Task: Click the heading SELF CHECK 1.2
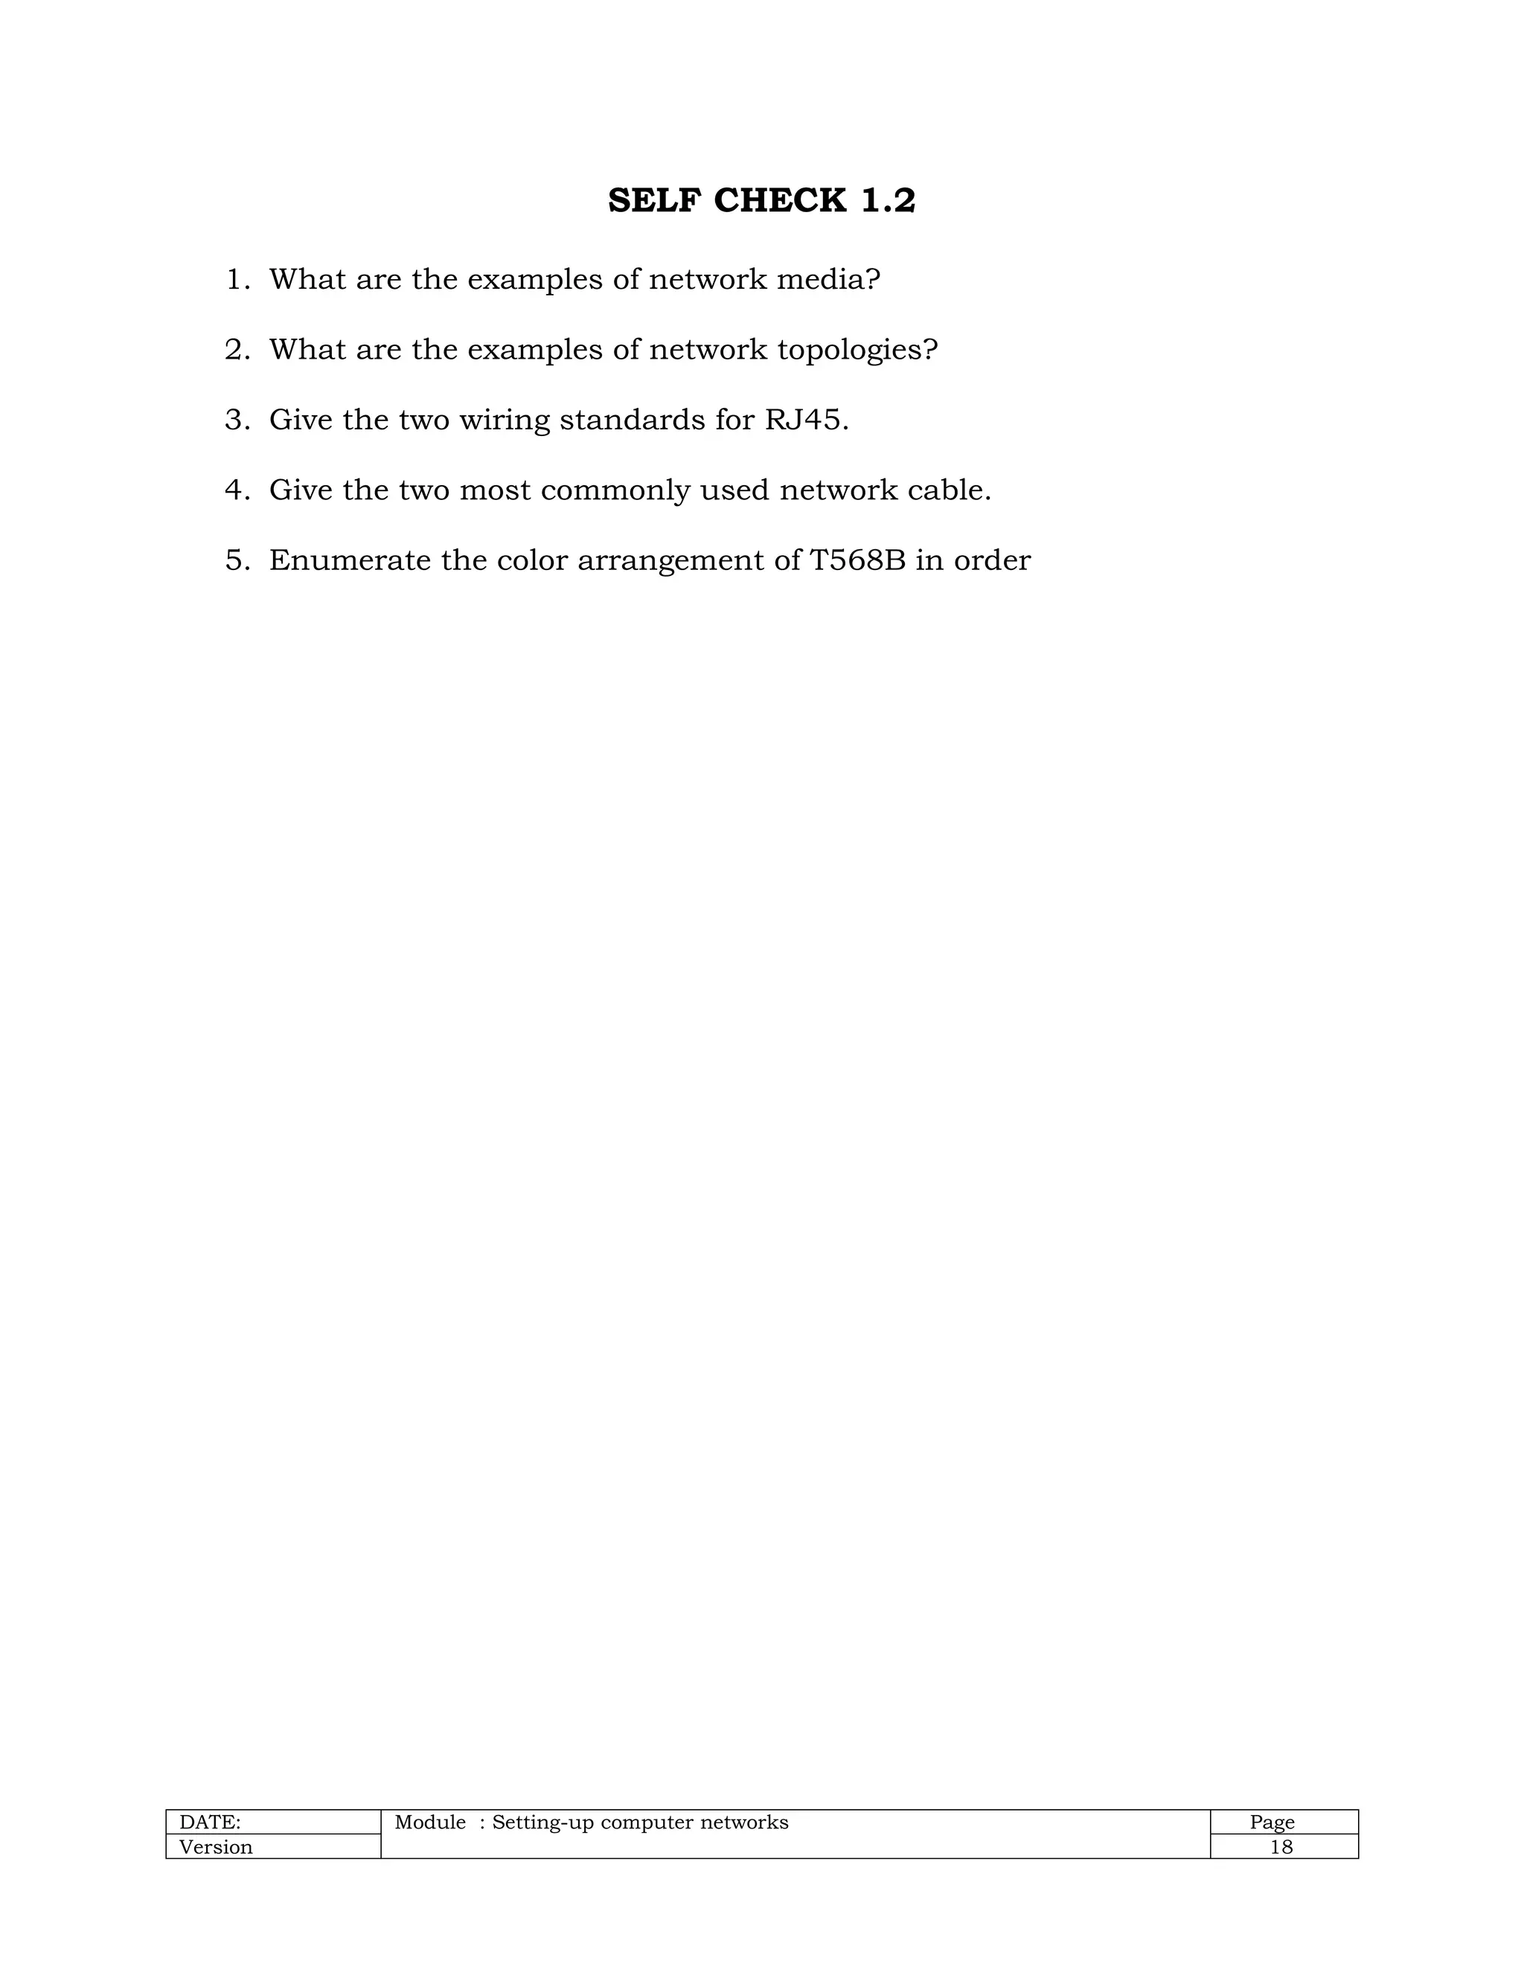coord(761,200)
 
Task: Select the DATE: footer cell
coord(211,1822)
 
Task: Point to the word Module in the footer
coord(430,1822)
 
